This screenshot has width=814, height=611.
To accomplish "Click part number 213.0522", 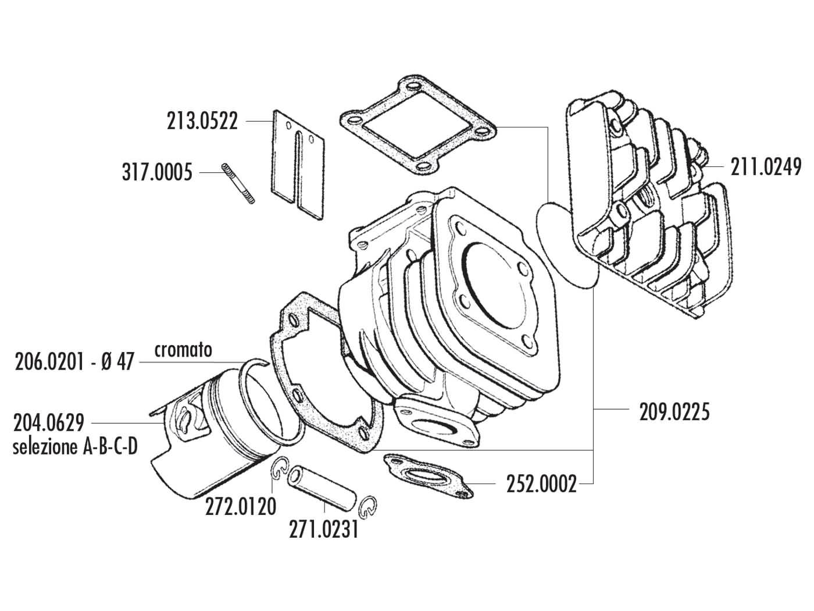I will [x=202, y=121].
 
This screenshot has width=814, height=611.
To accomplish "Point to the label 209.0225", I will [x=674, y=412].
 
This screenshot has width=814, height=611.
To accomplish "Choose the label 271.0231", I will [x=323, y=531].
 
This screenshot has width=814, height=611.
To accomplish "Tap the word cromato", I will [x=183, y=350].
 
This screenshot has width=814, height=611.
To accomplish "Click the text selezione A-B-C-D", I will [x=75, y=447].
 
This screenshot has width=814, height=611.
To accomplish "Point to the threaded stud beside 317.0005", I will [x=238, y=183].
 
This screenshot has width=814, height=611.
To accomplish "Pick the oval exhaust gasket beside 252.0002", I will [x=428, y=474].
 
